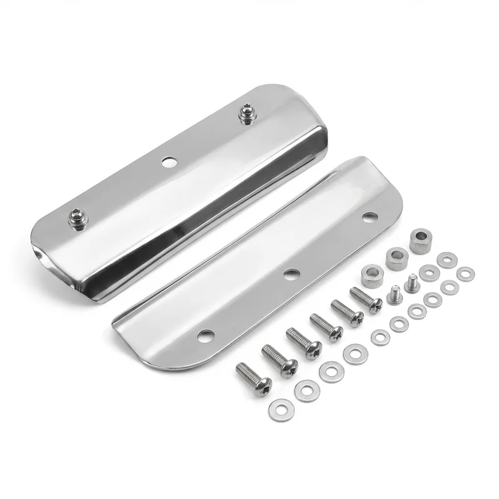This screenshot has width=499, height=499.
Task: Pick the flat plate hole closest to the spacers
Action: [370, 217]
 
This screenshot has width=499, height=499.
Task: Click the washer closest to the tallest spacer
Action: [445, 259]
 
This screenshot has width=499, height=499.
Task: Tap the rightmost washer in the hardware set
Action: [465, 273]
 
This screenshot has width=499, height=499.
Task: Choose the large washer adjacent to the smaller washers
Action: [356, 354]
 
